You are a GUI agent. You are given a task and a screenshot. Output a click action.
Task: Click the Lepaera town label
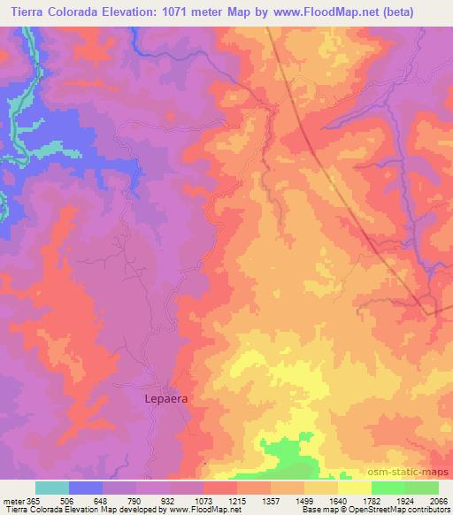click(x=165, y=399)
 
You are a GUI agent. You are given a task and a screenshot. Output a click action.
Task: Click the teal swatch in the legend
click(x=52, y=488)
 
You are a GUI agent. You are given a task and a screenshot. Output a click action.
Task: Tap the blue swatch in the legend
click(x=86, y=488)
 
